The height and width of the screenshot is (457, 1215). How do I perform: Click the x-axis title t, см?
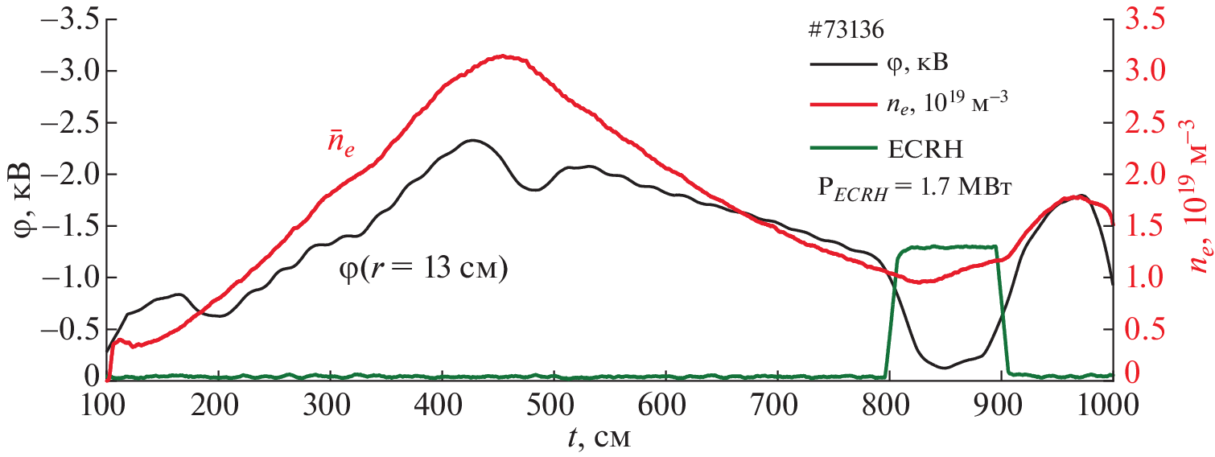[x=598, y=438]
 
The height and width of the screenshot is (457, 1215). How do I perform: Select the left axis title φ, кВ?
[x=23, y=198]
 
